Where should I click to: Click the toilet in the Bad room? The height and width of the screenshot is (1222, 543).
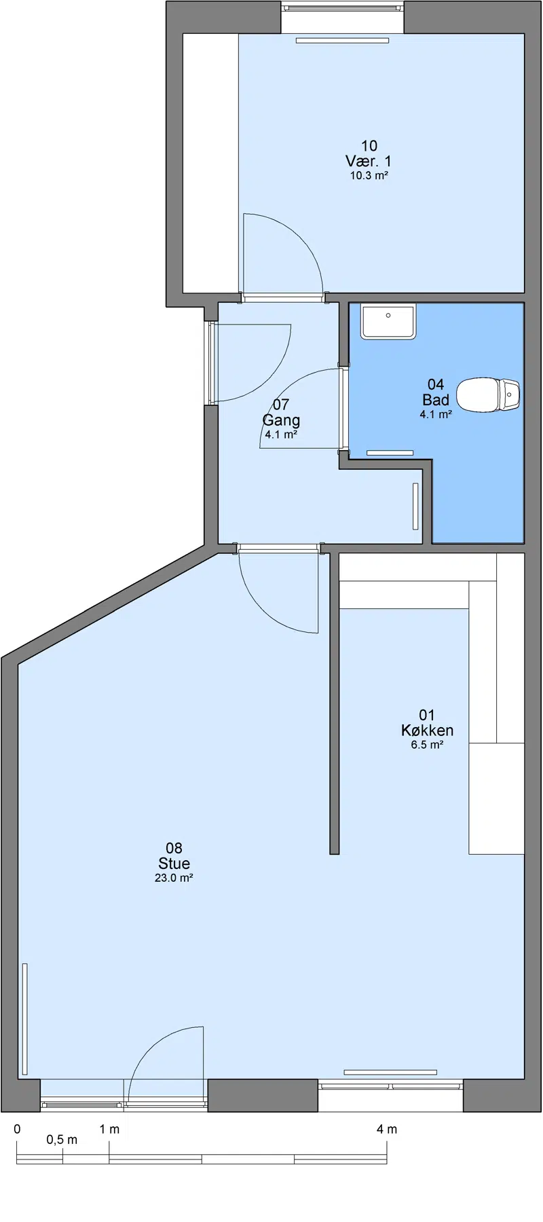tap(489, 394)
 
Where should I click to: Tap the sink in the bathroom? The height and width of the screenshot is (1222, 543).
tap(388, 322)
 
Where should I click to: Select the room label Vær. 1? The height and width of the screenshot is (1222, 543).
tap(369, 162)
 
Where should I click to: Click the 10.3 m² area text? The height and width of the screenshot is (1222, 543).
tap(369, 176)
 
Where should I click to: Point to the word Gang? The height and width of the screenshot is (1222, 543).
tap(281, 421)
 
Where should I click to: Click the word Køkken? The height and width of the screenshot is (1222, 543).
tap(427, 730)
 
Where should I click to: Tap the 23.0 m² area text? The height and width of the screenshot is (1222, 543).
tap(174, 878)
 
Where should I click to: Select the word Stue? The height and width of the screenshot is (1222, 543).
tap(174, 864)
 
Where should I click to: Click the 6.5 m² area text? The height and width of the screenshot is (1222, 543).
tap(427, 745)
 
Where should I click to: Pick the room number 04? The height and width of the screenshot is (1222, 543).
tap(436, 385)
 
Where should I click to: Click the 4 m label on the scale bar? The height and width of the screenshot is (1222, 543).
tap(387, 1129)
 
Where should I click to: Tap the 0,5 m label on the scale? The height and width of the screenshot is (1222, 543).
tap(62, 1140)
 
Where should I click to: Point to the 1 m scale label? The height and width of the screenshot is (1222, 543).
tap(109, 1129)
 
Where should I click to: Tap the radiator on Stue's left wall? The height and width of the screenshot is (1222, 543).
tap(25, 1019)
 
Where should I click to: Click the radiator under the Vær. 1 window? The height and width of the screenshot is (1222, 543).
tap(342, 40)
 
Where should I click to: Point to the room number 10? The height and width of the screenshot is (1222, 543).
tap(369, 146)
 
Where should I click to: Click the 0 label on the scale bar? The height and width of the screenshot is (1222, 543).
tap(17, 1129)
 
